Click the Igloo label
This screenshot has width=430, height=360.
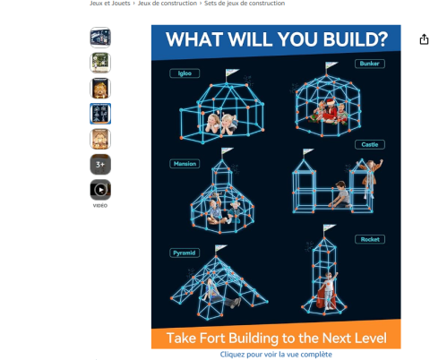(x=185, y=73)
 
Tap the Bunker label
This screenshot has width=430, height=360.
(x=370, y=64)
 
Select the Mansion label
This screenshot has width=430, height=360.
(x=185, y=164)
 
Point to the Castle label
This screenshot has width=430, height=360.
(x=370, y=144)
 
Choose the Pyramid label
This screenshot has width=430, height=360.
(x=185, y=253)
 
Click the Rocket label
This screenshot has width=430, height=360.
(x=370, y=239)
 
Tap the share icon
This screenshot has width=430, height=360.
(x=424, y=39)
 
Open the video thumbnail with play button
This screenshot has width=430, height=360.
(x=100, y=190)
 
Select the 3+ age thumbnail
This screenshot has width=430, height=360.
(x=100, y=164)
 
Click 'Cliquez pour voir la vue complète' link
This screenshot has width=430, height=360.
(x=276, y=355)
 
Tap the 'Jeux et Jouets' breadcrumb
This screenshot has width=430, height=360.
(x=110, y=4)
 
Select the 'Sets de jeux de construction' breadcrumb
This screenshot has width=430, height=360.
(x=245, y=4)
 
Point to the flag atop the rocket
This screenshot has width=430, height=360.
(x=330, y=227)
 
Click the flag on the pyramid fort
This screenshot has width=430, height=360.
(x=221, y=248)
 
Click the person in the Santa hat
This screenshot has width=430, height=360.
(x=330, y=111)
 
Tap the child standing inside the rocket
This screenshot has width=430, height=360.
(x=328, y=290)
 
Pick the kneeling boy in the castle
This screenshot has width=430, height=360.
(x=340, y=194)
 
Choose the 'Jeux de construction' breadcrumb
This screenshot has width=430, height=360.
(x=168, y=4)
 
